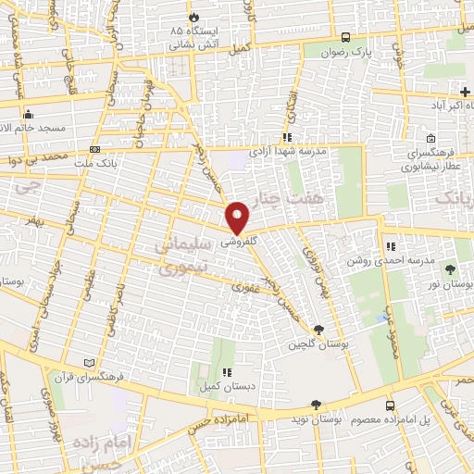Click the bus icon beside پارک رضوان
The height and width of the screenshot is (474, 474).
pos(345,39)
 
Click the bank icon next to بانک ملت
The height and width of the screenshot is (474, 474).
pos(94,149)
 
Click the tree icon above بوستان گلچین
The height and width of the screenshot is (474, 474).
pos(319,330)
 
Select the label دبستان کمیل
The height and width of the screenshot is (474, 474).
pos(218,387)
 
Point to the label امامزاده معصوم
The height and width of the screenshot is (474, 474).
pos(296,419)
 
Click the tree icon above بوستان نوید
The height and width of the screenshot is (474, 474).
pos(317,405)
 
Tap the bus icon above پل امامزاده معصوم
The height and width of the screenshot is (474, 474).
pos(392,405)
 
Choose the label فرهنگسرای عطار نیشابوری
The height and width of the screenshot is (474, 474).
pos(428,159)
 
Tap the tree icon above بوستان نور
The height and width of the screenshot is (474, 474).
pos(451,269)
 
